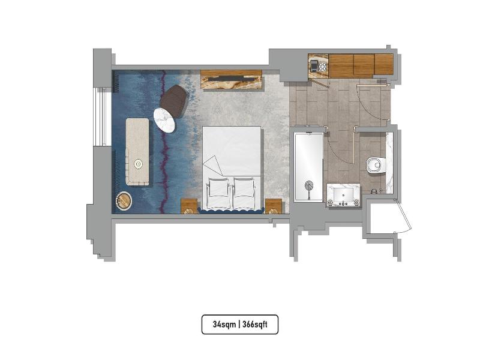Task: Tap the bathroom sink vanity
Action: point(343,195)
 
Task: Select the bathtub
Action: point(308,167)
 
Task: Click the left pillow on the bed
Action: point(218,191)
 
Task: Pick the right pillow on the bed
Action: point(244,191)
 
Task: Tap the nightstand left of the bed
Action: point(189,206)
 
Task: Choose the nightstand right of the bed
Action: point(274,206)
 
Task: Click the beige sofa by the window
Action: point(137,152)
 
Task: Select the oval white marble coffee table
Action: point(164,121)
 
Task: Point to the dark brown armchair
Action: point(173,101)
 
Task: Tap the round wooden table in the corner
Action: point(124,202)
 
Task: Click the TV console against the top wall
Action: point(232,80)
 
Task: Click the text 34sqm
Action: point(224,324)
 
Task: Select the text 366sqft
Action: point(254,324)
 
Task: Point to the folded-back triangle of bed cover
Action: point(214,166)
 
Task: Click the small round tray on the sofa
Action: point(139,164)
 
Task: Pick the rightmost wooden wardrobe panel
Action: point(383,64)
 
